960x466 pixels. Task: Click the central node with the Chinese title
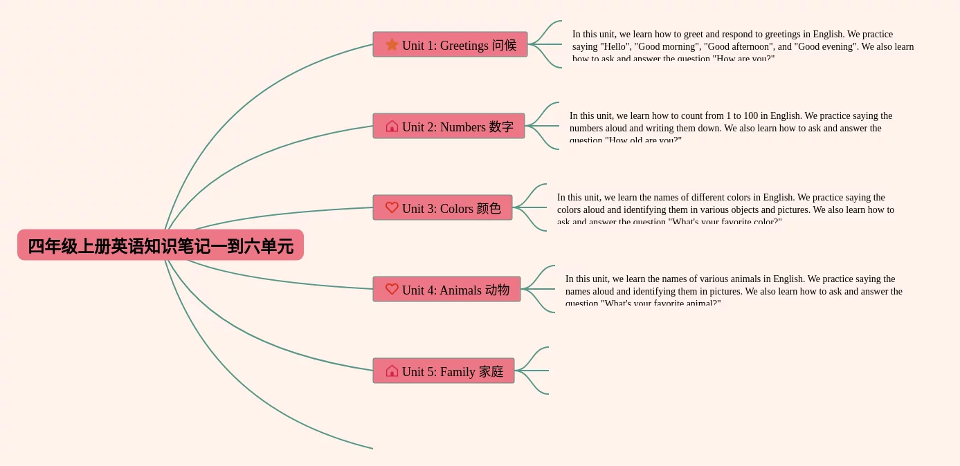click(161, 245)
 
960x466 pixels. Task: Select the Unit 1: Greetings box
click(450, 45)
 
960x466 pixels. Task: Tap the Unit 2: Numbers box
click(449, 127)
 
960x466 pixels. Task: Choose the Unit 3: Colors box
click(442, 208)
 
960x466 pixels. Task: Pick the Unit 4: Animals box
click(446, 290)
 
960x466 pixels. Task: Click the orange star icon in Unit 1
click(392, 45)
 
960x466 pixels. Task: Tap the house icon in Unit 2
click(392, 127)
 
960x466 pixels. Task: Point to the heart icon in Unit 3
click(392, 207)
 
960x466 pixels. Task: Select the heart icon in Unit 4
click(392, 289)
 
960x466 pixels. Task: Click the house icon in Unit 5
click(392, 371)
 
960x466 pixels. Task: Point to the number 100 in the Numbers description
click(751, 116)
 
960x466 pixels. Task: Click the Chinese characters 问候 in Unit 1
click(504, 46)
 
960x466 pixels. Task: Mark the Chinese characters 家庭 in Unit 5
click(491, 372)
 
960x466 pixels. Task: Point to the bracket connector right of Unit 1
click(547, 44)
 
